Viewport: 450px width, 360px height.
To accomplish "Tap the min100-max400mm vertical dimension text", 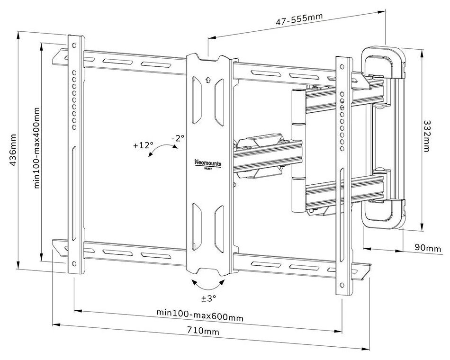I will tap(37, 148).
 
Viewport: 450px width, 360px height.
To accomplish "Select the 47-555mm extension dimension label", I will tap(300, 20).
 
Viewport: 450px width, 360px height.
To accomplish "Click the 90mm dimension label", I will tap(427, 248).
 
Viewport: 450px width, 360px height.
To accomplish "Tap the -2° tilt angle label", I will tap(178, 138).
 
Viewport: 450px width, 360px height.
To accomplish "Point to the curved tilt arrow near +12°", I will tap(161, 152).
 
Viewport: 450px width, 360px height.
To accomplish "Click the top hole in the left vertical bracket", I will tap(74, 45).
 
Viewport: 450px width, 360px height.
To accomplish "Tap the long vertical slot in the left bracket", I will tap(74, 171).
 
